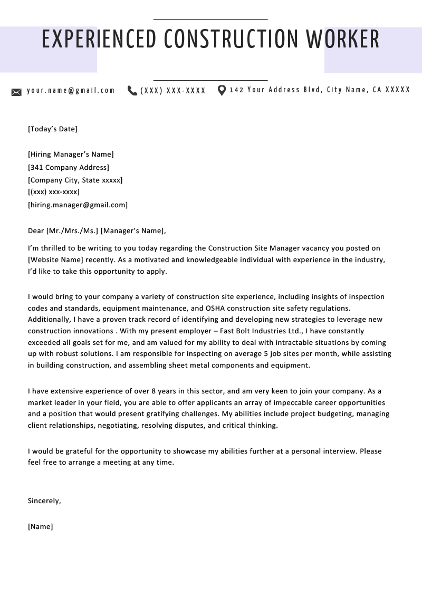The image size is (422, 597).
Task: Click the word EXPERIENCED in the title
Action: [x=99, y=40]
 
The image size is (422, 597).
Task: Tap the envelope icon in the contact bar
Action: [x=16, y=92]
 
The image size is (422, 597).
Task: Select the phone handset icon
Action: [x=132, y=91]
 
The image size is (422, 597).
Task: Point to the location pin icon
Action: [x=222, y=91]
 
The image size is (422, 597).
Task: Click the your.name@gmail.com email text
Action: [x=71, y=90]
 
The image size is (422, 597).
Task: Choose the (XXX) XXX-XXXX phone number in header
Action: [x=173, y=91]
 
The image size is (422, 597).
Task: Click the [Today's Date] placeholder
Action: [x=52, y=129]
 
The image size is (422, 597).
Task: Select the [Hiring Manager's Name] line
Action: [x=71, y=155]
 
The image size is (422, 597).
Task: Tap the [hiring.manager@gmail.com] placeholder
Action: [x=78, y=205]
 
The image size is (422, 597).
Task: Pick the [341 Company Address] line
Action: [x=69, y=167]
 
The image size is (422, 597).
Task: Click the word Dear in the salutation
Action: [x=36, y=230]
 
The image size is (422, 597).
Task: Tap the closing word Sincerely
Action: [x=44, y=501]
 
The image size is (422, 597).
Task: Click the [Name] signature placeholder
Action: [x=40, y=526]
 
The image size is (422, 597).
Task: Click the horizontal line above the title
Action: [x=210, y=19]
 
